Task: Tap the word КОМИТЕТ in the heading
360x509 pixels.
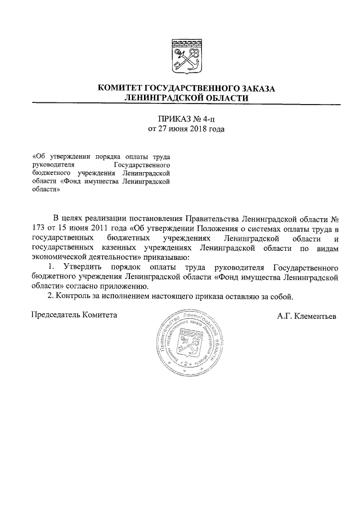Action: [120, 88]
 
